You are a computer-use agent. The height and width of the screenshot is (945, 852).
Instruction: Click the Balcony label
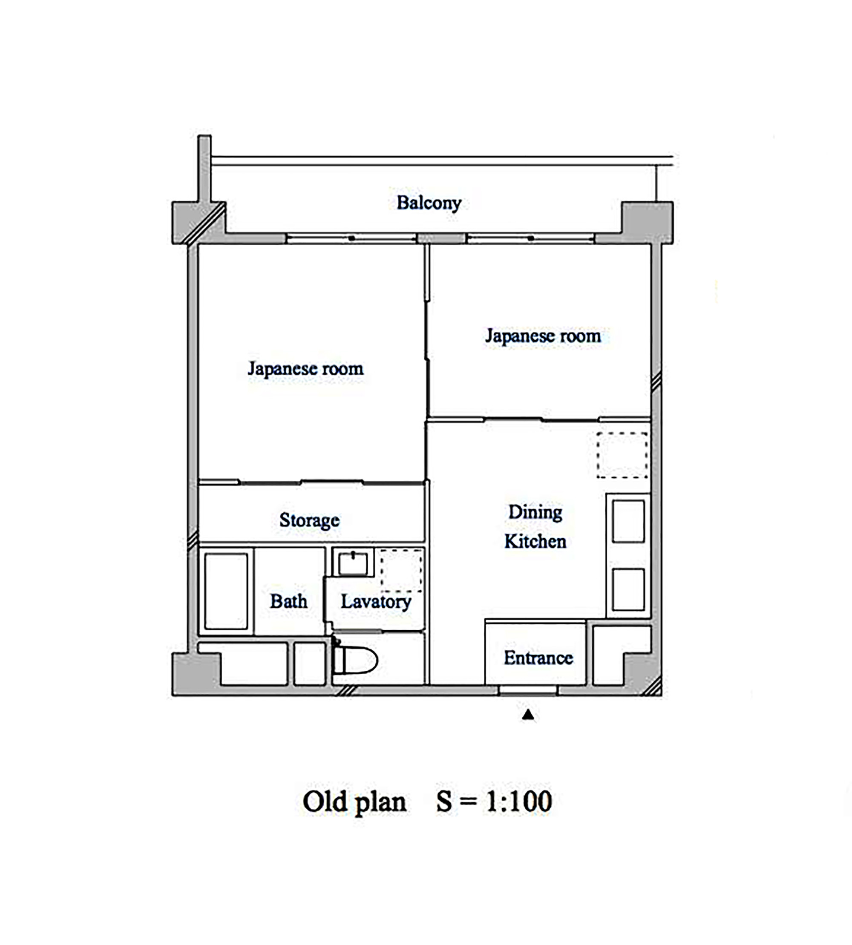tap(429, 203)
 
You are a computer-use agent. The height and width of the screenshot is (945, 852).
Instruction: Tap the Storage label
tap(309, 520)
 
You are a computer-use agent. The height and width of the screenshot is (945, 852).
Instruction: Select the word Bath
tap(289, 601)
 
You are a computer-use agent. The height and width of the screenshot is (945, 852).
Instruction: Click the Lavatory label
tap(376, 601)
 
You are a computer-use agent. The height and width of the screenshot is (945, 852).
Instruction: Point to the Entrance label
tap(538, 658)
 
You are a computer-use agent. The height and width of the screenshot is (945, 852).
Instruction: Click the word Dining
tap(535, 511)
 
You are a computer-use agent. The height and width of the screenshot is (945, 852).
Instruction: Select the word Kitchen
tap(535, 541)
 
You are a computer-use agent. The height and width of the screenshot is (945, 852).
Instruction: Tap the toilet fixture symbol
tap(356, 660)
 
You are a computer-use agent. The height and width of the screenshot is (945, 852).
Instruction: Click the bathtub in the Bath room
tap(226, 591)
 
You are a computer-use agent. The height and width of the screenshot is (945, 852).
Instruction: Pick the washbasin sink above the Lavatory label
tap(353, 563)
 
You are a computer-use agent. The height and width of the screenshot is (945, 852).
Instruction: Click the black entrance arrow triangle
tap(528, 715)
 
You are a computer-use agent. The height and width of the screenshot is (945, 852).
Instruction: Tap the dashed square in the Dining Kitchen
tap(622, 455)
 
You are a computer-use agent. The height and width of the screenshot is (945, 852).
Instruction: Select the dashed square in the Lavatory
tap(401, 570)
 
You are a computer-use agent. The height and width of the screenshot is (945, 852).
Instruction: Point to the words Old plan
tap(354, 802)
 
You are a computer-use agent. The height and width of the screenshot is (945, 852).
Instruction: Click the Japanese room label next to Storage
tap(305, 368)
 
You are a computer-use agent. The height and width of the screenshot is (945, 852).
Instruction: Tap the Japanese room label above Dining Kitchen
tap(543, 336)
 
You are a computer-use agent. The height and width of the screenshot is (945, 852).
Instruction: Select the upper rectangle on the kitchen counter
tap(628, 521)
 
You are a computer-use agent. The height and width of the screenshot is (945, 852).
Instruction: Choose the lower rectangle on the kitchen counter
tap(628, 589)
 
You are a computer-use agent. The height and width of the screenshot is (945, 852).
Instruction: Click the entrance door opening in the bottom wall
tap(528, 691)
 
